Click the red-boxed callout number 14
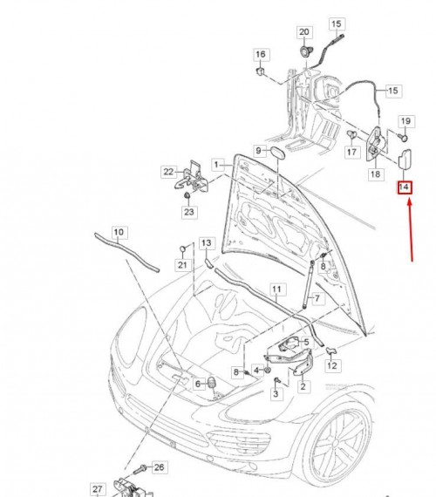405,187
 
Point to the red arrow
411,230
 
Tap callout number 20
304,32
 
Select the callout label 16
261,55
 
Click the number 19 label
405,121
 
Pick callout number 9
258,150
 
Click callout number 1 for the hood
216,165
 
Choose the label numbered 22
168,172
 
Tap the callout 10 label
119,232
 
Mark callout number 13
207,243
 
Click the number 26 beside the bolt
159,467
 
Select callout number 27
98,489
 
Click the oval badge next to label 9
276,153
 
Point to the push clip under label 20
306,51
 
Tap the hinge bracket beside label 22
192,179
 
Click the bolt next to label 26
140,469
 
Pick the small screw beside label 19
403,137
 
